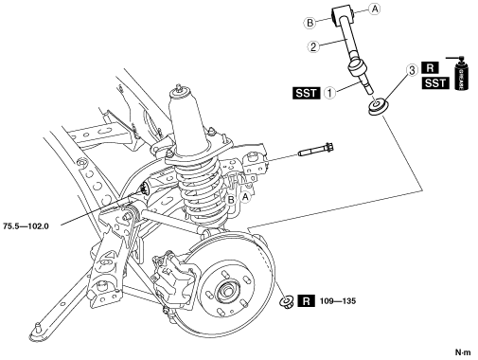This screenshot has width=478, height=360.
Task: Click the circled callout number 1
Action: click(330, 93)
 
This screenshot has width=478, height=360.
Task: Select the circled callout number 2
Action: click(313, 47)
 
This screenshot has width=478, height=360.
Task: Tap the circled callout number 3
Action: click(412, 70)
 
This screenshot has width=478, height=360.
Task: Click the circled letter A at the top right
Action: click(375, 9)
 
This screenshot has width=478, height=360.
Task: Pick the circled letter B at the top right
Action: click(310, 23)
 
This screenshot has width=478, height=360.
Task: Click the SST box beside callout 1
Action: click(307, 93)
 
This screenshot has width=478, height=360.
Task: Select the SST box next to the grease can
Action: click(435, 83)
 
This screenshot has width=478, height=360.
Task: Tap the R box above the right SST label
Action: click(430, 68)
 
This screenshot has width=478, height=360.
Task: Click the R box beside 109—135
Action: click(307, 301)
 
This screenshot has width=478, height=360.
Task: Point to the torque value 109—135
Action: click(338, 301)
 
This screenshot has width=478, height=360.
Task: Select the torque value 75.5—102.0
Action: click(26, 226)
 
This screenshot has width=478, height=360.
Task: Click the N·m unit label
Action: click(463, 351)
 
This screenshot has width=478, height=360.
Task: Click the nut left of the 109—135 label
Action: click(287, 301)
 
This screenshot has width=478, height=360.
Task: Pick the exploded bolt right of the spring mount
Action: click(316, 151)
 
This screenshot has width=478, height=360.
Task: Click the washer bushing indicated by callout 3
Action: click(378, 107)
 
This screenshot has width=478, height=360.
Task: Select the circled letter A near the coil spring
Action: click(245, 197)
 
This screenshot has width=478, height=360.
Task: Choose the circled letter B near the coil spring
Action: click(231, 200)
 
